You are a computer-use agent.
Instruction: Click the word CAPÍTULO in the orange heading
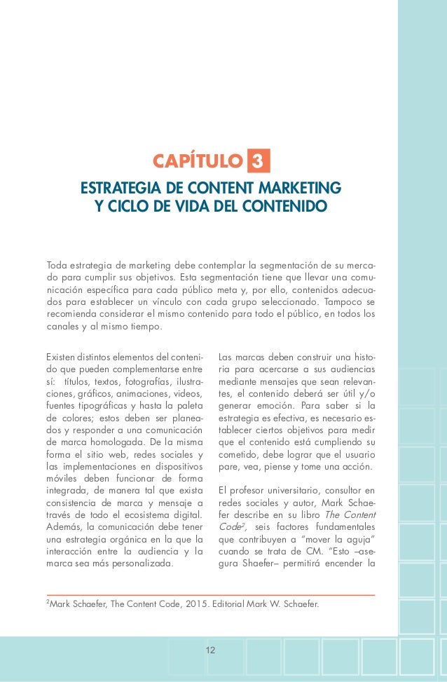point(197,163)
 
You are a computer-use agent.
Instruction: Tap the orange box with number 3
point(258,162)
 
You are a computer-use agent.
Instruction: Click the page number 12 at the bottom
point(211,650)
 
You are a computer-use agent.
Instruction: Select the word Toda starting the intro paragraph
point(58,265)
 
